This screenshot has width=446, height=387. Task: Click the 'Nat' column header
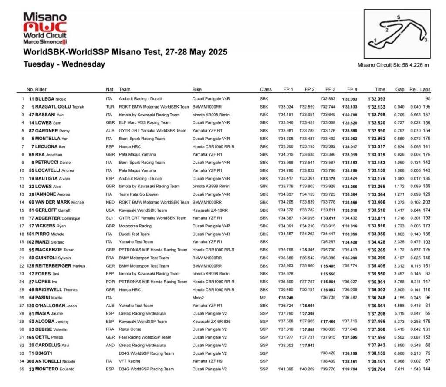point(109,89)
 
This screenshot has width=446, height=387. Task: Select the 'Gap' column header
point(399,89)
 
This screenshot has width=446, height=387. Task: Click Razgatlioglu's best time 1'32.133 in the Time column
point(377,107)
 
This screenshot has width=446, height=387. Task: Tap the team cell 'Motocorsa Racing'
point(135,226)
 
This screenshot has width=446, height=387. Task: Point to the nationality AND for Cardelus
point(109,345)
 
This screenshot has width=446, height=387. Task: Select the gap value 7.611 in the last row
point(399,369)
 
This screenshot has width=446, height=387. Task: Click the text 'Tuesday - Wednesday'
point(64,64)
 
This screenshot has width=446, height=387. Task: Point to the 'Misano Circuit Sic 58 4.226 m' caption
point(393,65)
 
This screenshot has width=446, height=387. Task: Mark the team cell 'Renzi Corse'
point(130,329)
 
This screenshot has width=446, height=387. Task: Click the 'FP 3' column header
point(330,89)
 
